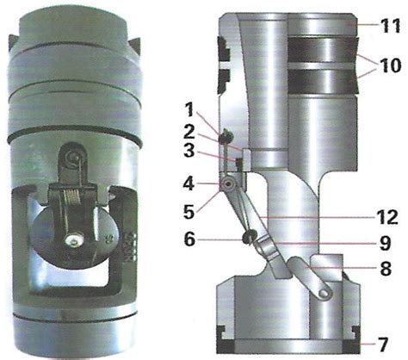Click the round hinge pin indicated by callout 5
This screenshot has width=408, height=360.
[x=228, y=185]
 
